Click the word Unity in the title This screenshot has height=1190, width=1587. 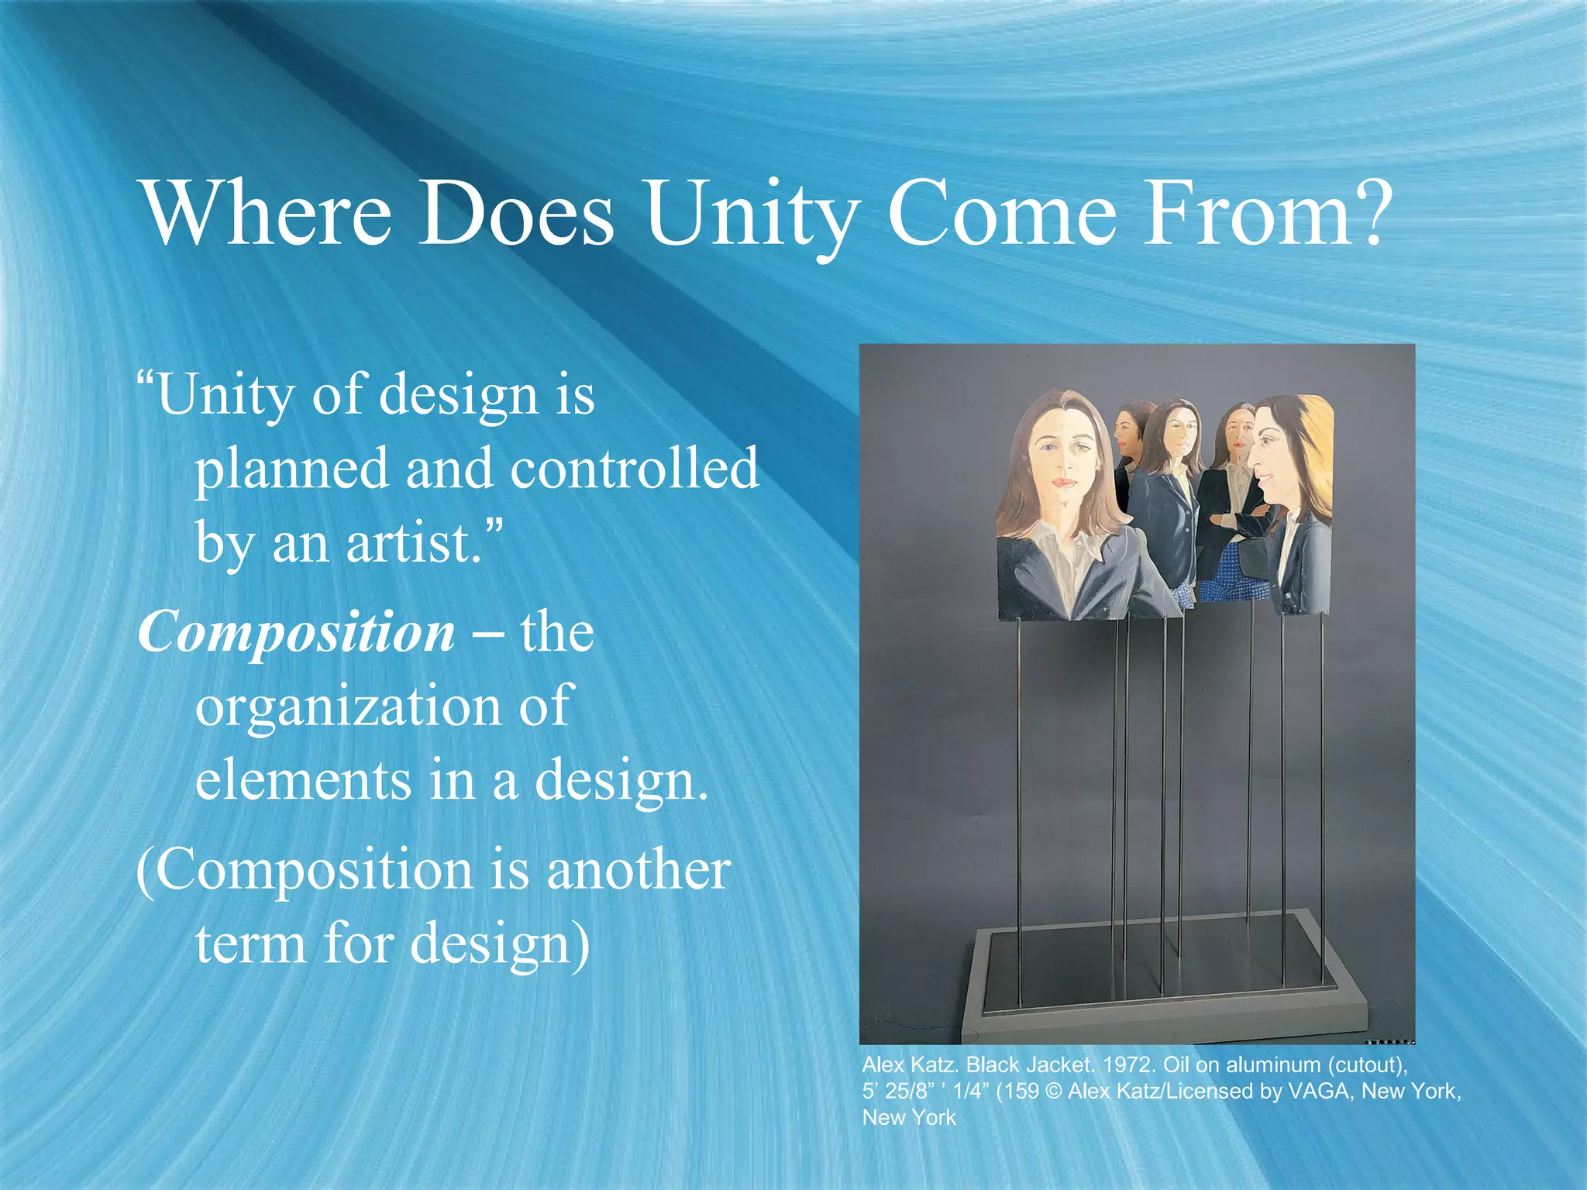coord(750,213)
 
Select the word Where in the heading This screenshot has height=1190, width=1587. coord(267,213)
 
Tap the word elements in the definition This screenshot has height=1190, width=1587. coord(302,780)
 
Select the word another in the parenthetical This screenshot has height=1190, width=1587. coord(639,870)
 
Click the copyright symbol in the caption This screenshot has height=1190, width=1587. coord(1053,1092)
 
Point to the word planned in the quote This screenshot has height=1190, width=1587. coord(291,469)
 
